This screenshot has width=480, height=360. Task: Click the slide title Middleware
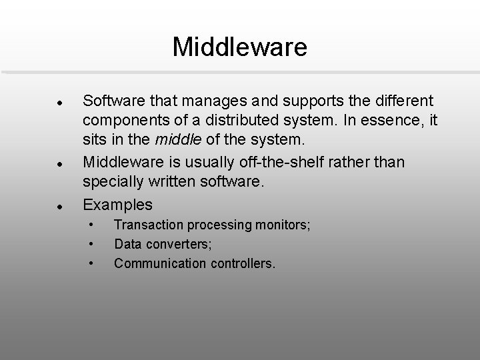coord(239,47)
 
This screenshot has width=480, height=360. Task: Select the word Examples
coord(117,204)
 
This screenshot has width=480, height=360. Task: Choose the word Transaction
coord(147,225)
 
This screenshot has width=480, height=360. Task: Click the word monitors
coord(281,225)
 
